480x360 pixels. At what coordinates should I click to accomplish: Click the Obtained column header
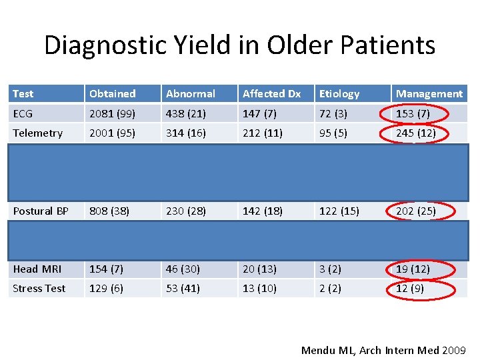[113, 94]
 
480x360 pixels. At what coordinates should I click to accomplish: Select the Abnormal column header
[191, 94]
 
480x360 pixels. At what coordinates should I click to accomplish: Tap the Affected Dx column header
[272, 94]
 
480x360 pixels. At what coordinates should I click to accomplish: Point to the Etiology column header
[339, 94]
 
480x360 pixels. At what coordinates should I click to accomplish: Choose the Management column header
[429, 94]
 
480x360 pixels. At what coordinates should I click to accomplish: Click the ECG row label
[22, 114]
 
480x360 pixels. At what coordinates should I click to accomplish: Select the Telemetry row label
[37, 133]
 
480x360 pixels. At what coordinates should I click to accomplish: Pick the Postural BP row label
[41, 211]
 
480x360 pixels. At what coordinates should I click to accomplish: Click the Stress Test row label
[39, 289]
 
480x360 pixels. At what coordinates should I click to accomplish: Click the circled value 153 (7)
[413, 114]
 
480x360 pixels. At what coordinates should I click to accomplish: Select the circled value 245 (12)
[415, 133]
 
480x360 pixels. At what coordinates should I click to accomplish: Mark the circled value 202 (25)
[415, 211]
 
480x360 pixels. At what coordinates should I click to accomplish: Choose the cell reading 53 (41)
[183, 289]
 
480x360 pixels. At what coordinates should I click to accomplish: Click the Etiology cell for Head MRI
[330, 269]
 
